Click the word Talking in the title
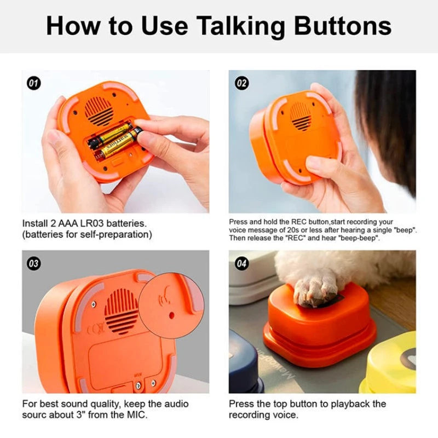click(237, 26)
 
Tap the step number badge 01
click(34, 83)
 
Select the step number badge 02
click(241, 83)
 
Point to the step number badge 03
click(34, 263)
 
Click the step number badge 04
click(241, 263)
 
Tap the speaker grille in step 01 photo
click(99, 111)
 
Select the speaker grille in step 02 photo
click(301, 116)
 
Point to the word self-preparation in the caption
click(114, 234)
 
